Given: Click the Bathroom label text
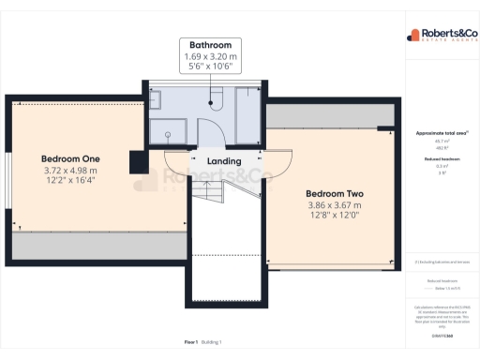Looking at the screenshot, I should pos(210,45).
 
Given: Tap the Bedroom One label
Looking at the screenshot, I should pos(70,158).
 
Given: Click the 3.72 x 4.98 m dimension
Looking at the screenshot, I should pos(70,171).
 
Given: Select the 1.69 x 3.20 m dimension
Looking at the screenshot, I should pos(210,57).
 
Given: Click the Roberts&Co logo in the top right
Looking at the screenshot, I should pos(442,37).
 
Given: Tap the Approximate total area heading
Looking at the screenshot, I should pos(442,134).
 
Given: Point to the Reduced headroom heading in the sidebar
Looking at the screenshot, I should pos(442,160).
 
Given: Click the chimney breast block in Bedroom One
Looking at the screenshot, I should pos(136,162).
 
